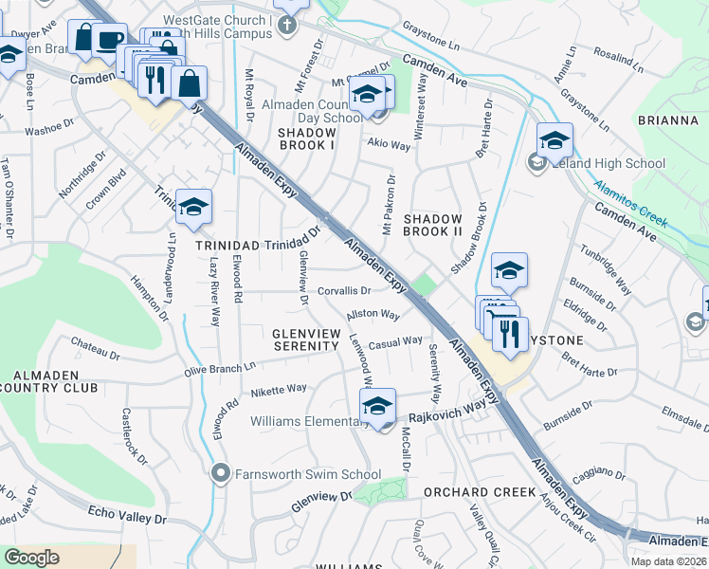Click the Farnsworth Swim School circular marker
[221, 472]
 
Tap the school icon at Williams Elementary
[377, 408]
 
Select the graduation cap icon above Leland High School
[554, 141]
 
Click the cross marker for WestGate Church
[291, 26]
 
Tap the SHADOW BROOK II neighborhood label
[432, 226]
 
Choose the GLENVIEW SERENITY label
[305, 340]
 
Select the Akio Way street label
[389, 145]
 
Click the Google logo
[31, 558]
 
